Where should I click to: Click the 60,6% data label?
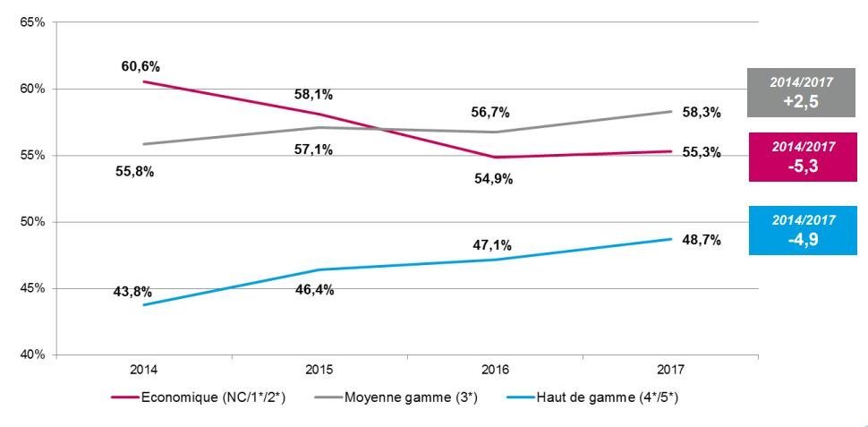point(141,66)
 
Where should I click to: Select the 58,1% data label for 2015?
point(313,94)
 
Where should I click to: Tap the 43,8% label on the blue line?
point(132,291)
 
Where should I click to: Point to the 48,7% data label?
point(701,241)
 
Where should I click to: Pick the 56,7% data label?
point(489,112)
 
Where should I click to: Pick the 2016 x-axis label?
point(495,370)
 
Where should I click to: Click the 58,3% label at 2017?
point(701,112)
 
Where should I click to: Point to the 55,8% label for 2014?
point(134,172)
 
